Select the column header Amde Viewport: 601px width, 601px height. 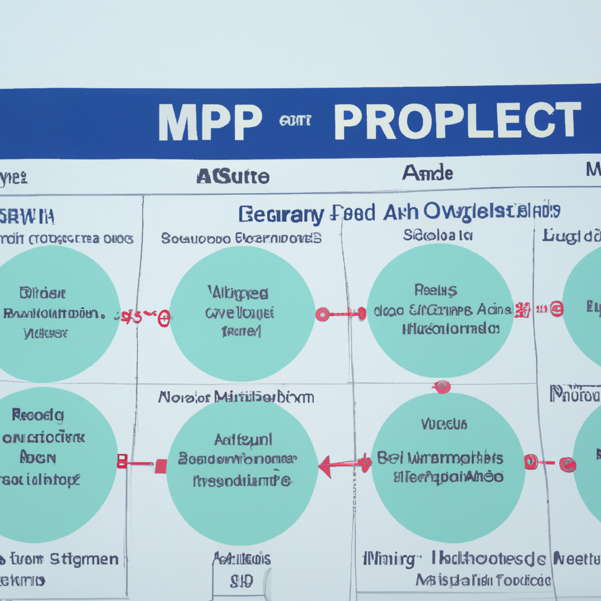coord(427,173)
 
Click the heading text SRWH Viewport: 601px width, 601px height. coord(28,217)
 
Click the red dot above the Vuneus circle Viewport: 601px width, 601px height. coord(441,387)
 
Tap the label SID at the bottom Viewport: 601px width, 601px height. coord(241,581)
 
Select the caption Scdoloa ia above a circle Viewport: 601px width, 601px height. coord(437,235)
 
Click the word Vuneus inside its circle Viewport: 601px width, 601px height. coord(444,423)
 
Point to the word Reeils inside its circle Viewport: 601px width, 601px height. coord(435,289)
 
